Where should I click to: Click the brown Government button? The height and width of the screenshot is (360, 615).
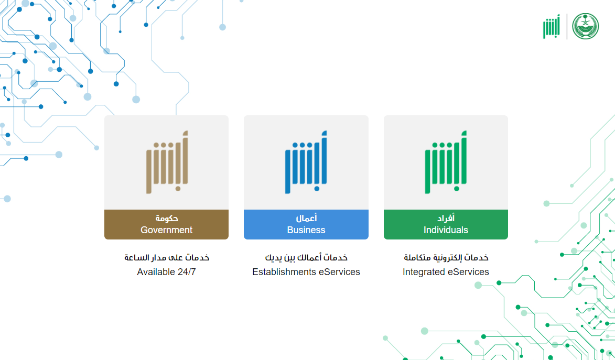tap(166, 224)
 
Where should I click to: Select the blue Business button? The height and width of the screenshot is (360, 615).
tap(306, 224)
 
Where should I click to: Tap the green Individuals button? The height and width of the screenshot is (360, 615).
tap(446, 224)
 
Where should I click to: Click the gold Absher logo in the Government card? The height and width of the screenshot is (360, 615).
tap(167, 162)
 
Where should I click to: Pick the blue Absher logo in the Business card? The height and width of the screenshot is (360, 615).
tap(306, 162)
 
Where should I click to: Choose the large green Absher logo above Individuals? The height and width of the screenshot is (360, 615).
tap(446, 162)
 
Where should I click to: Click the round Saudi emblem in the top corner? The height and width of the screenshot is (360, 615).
tap(586, 26)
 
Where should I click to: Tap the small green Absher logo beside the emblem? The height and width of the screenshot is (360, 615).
tap(552, 26)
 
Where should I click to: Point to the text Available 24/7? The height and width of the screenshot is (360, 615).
tap(166, 272)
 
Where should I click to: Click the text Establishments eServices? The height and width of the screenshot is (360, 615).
tap(306, 272)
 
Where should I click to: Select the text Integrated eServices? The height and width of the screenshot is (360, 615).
tap(446, 272)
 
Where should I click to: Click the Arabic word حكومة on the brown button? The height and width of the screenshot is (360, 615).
tap(167, 218)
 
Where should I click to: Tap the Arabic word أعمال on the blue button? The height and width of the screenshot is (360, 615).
tap(306, 218)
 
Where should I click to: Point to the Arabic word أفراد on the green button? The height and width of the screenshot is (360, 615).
tap(446, 218)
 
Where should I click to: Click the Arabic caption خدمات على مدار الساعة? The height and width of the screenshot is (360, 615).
tap(167, 258)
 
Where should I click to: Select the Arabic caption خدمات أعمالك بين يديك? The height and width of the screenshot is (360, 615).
tap(306, 258)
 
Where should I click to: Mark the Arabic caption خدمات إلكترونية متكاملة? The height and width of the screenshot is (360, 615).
tap(446, 258)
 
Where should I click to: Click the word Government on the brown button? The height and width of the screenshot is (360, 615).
tap(166, 230)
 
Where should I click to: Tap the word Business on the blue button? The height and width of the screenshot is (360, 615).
tap(306, 230)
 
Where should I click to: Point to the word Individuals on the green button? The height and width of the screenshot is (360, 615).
tap(446, 230)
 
